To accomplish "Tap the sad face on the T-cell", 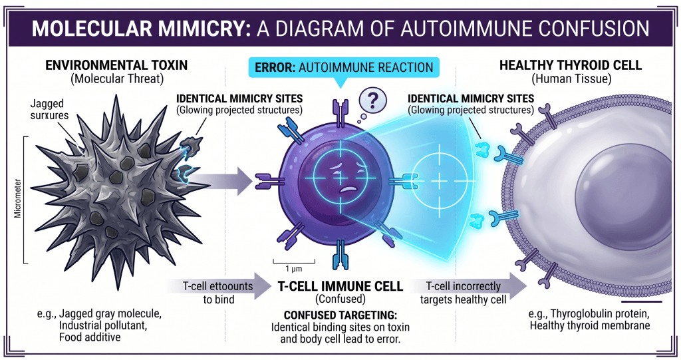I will coord(340,180).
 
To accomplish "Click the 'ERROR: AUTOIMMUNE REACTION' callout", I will coord(340,67).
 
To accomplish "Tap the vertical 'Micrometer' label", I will coord(15,200).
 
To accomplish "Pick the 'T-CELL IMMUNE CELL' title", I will coord(340,286).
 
